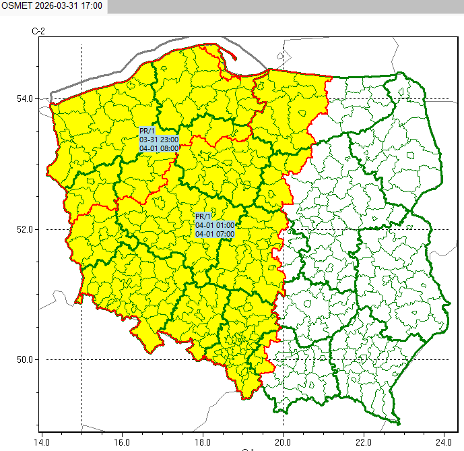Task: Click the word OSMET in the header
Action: tap(15, 5)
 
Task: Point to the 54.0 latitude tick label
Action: tap(26, 99)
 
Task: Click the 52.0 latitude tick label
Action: tap(26, 229)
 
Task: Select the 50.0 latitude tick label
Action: tap(26, 359)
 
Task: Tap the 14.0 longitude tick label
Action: tap(41, 443)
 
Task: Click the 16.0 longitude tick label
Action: tap(121, 443)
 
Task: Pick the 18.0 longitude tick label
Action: tap(202, 443)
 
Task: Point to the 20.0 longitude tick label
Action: tap(283, 443)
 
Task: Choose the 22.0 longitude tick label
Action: tap(364, 443)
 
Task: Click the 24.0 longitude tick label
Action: tap(444, 443)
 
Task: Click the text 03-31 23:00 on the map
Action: tap(159, 140)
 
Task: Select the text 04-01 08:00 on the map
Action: tap(159, 148)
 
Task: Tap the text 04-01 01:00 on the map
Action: tap(215, 225)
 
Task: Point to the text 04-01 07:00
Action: tap(215, 234)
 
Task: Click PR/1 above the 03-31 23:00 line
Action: tap(146, 131)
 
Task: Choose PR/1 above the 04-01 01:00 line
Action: tap(202, 216)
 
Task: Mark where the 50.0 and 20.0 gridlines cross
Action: tap(283, 359)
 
